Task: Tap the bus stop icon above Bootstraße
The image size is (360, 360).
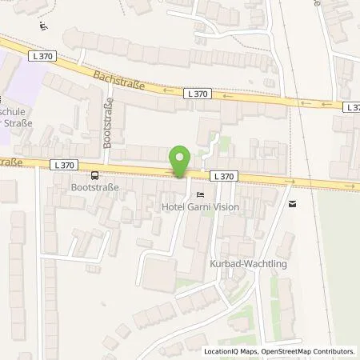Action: pos(94,176)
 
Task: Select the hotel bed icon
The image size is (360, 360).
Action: pos(199,194)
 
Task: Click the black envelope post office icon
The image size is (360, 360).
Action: pos(291,204)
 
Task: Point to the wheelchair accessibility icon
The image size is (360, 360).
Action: pos(42,25)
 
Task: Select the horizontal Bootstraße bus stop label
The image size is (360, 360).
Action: pos(95,189)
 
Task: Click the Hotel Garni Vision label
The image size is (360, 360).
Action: pos(200,206)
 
